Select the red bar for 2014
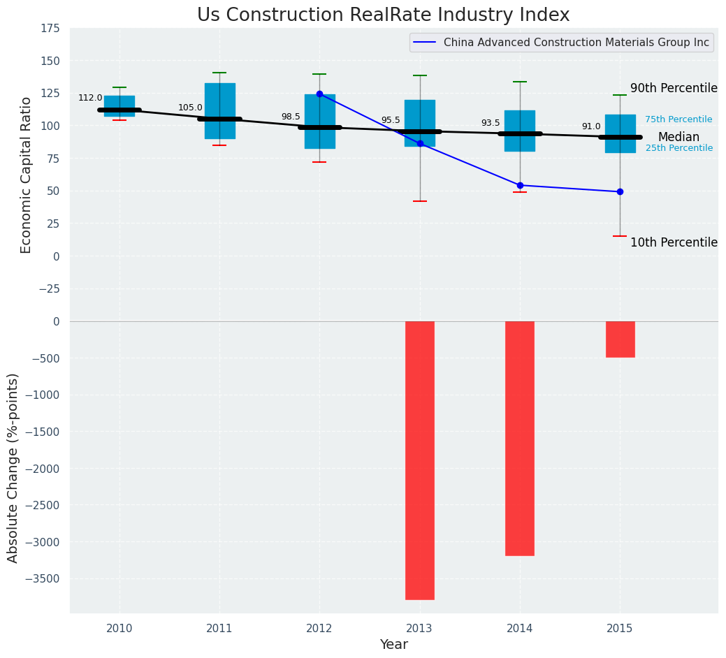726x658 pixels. point(520,438)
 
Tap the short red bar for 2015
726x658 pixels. point(620,339)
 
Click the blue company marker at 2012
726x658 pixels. point(319,94)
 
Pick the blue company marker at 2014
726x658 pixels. point(520,185)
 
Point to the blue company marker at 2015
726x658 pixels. point(620,191)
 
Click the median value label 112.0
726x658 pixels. point(90,98)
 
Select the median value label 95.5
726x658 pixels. point(391,120)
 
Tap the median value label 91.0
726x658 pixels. point(591,126)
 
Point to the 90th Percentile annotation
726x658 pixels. point(674,88)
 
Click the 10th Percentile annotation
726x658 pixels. point(674,242)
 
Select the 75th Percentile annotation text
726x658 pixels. point(678,119)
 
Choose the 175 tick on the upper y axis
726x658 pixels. point(50,29)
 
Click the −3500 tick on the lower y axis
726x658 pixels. point(42,578)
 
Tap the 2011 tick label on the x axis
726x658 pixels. point(219,629)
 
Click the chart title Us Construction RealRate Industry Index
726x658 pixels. point(383,15)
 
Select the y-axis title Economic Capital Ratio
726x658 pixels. point(27,175)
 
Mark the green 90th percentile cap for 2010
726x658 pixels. point(119,87)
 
